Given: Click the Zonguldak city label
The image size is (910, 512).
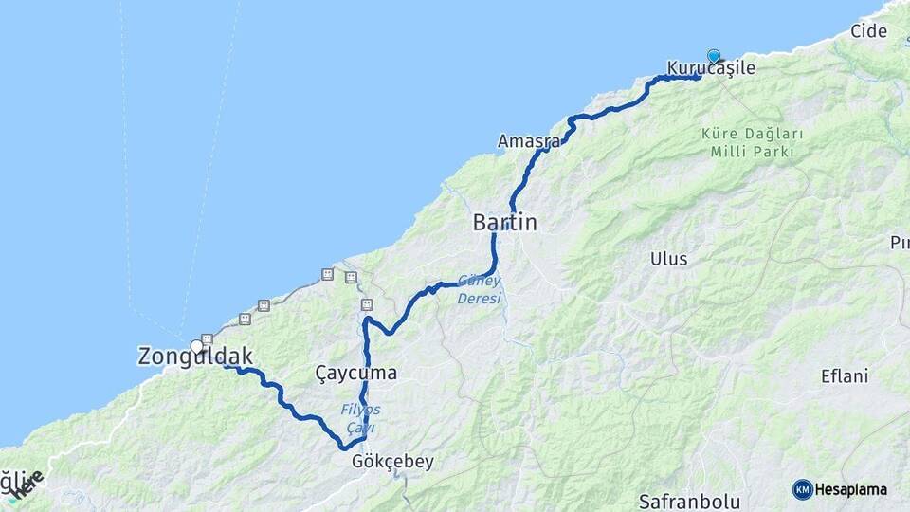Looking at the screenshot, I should [x=195, y=357].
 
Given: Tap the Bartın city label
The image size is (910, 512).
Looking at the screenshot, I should [x=504, y=224].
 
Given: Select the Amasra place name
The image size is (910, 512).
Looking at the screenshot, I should [x=528, y=141].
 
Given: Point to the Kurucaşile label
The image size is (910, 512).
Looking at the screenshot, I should [x=711, y=68].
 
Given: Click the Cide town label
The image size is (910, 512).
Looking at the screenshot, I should [x=868, y=31].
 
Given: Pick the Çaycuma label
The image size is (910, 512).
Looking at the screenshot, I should [x=355, y=374].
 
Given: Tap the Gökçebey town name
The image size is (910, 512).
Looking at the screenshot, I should [x=391, y=463].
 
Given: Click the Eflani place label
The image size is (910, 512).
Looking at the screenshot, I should [x=844, y=376].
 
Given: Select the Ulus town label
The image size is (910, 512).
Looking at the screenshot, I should [x=669, y=259].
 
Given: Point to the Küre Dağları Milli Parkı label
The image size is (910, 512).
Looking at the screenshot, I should [x=753, y=143].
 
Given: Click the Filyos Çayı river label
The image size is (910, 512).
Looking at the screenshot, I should [x=360, y=419].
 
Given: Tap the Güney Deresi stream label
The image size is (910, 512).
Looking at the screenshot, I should [x=479, y=289].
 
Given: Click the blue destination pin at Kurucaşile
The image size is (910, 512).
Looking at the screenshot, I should [x=713, y=56].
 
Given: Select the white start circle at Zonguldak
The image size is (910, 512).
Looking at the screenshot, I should [x=196, y=346].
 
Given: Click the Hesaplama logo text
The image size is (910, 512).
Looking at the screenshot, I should [x=850, y=490].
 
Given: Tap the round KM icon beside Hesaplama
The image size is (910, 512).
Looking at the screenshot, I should [x=802, y=489].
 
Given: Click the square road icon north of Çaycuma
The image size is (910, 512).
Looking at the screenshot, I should [x=367, y=304].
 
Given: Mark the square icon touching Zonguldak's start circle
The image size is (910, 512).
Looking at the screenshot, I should [x=207, y=338].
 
